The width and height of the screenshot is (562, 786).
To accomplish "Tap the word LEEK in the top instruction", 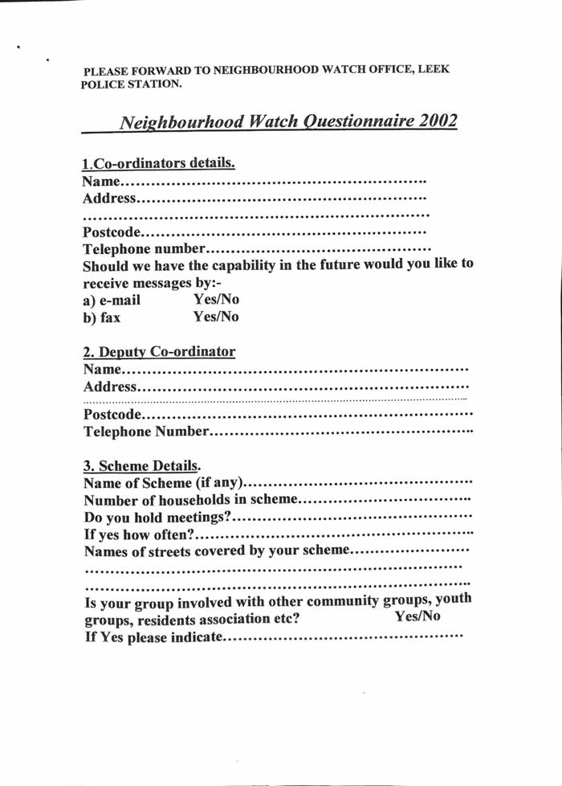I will [x=434, y=70].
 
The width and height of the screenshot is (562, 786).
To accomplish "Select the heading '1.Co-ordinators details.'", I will [x=159, y=163].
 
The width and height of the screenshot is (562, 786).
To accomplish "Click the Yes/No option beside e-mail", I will [x=216, y=300].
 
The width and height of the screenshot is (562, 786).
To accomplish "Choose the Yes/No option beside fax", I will [x=216, y=317].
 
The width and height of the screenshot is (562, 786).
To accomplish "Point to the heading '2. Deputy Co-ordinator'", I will [x=159, y=352].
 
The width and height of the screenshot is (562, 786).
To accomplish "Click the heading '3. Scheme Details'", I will [x=141, y=465].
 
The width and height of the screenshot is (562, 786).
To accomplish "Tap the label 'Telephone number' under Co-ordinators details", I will [x=145, y=249].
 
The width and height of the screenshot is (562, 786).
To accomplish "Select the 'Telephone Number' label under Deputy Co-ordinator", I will [x=147, y=433].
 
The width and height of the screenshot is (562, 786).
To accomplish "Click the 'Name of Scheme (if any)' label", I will [x=164, y=484].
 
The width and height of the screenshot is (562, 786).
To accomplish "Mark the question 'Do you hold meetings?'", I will [x=158, y=517].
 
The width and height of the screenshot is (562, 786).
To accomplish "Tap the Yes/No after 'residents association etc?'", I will [x=417, y=617].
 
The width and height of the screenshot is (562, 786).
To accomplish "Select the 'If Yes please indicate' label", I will [x=153, y=638].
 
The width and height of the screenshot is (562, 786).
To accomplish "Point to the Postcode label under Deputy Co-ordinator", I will [x=113, y=416].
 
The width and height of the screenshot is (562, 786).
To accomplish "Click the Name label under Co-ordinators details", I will [x=102, y=182].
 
